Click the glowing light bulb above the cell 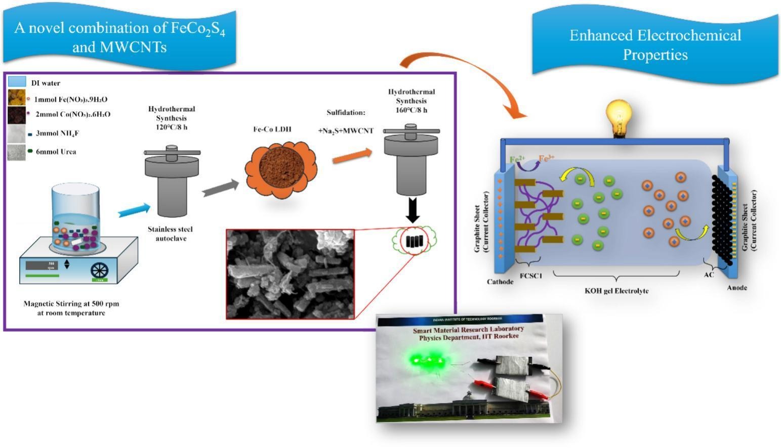click(x=621, y=117)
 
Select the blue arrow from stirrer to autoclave click(x=135, y=210)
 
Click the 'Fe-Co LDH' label click(x=272, y=129)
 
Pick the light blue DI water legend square click(x=17, y=81)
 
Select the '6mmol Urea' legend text click(x=56, y=152)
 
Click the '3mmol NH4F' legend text click(x=57, y=133)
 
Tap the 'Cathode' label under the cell click(x=500, y=282)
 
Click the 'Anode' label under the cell click(x=737, y=288)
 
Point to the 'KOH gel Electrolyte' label click(x=616, y=291)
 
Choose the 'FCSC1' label click(x=530, y=276)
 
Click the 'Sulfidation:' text click(x=346, y=112)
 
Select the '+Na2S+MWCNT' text click(x=346, y=131)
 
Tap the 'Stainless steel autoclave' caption click(x=170, y=234)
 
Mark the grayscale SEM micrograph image click(x=290, y=274)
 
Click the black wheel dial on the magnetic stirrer click(x=99, y=271)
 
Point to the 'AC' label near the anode click(x=709, y=275)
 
